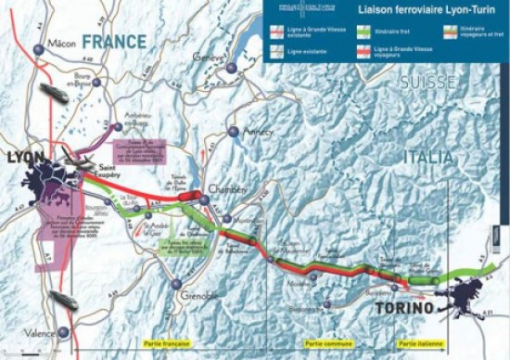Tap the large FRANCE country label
[x=113, y=42]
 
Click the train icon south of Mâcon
[x=51, y=93]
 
